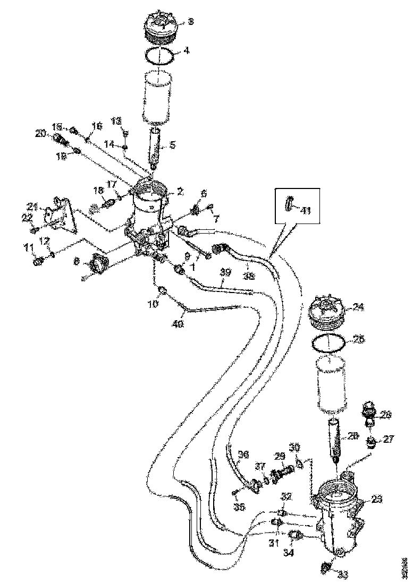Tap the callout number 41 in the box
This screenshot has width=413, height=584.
click(306, 210)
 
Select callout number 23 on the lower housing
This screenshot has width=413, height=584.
click(376, 499)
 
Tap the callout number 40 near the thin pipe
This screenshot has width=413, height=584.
click(178, 322)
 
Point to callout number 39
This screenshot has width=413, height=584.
click(225, 272)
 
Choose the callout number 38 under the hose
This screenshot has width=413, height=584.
click(248, 276)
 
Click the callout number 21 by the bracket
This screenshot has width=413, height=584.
click(33, 207)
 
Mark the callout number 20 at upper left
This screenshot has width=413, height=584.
click(40, 134)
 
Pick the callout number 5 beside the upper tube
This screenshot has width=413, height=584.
click(172, 144)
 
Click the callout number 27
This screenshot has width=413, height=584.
click(389, 439)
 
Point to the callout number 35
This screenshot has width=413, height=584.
click(239, 507)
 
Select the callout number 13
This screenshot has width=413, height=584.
click(116, 121)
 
